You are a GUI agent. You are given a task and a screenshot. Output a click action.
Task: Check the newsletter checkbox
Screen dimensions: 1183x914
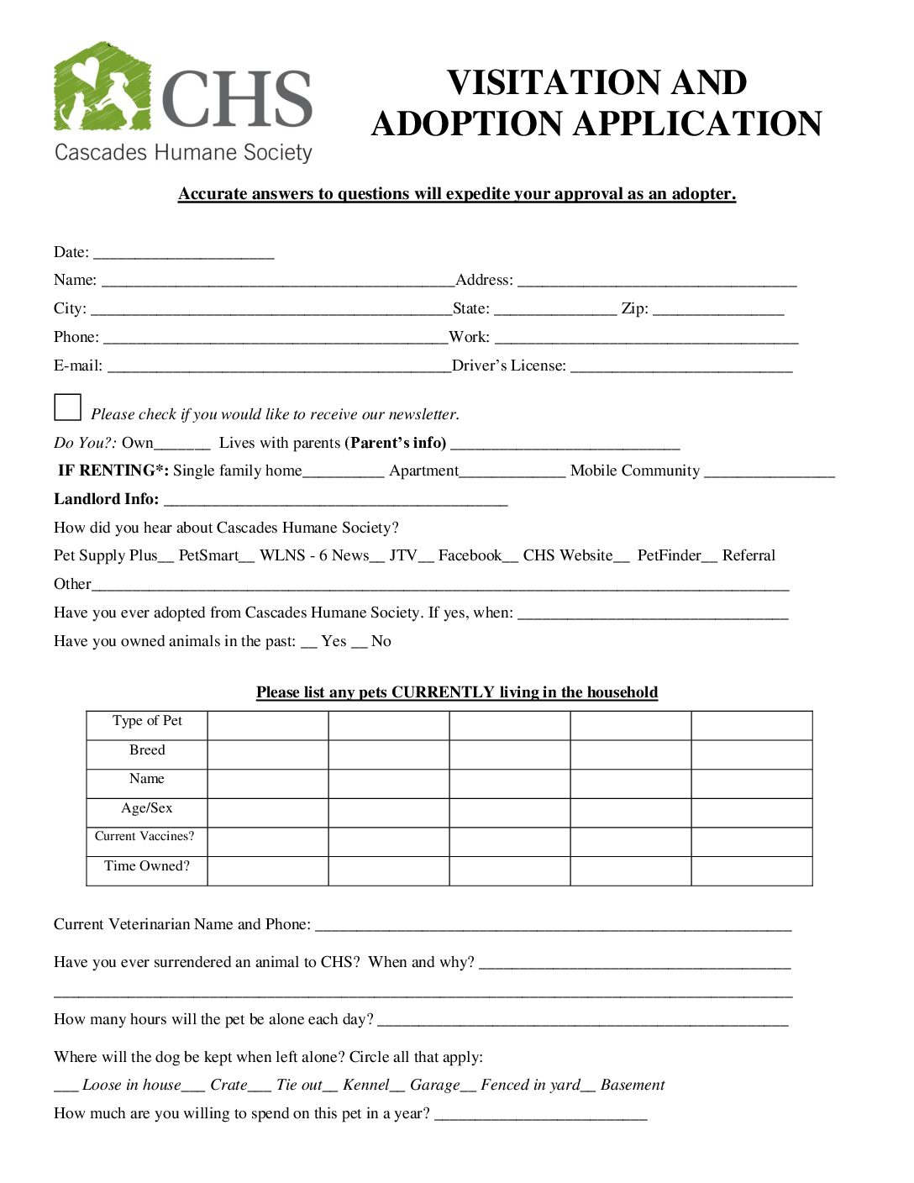click(x=67, y=407)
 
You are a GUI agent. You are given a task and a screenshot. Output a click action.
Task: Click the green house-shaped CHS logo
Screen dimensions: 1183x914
click(x=102, y=88)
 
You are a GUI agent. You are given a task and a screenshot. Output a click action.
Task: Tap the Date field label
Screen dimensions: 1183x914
click(x=71, y=252)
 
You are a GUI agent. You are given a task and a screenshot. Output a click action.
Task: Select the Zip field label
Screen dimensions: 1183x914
click(x=634, y=308)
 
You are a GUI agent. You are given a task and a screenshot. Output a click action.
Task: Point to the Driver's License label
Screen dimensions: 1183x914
click(x=508, y=365)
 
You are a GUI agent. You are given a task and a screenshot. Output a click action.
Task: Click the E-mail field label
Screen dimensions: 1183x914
click(x=77, y=365)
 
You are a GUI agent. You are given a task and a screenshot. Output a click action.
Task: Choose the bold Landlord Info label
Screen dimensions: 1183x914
click(x=106, y=499)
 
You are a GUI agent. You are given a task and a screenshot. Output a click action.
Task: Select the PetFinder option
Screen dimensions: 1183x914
click(x=669, y=555)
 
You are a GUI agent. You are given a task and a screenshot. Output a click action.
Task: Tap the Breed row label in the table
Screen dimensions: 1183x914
click(x=147, y=749)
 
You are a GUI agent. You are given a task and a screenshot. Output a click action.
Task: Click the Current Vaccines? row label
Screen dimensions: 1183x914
click(x=144, y=837)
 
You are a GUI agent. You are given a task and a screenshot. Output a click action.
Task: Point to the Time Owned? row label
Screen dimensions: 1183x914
click(x=147, y=866)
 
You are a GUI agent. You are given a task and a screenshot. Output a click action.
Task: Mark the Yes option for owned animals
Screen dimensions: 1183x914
click(x=333, y=641)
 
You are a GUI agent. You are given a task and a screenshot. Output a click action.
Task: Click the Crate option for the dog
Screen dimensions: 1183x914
click(x=228, y=1085)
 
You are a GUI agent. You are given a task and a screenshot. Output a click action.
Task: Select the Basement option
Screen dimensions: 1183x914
click(x=632, y=1085)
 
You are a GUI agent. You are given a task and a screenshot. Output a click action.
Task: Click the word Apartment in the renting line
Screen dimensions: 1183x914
click(x=423, y=471)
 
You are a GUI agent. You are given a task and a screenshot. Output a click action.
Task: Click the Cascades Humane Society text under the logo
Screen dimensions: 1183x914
click(x=183, y=152)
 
